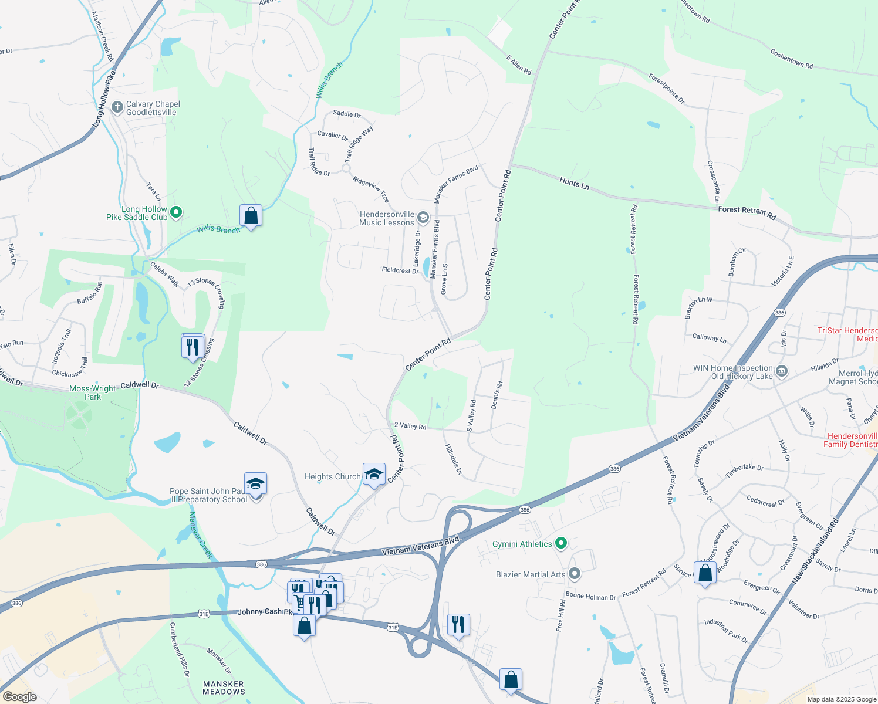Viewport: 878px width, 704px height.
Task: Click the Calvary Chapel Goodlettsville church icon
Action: click(x=117, y=108)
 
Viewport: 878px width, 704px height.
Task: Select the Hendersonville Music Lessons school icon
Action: click(x=423, y=219)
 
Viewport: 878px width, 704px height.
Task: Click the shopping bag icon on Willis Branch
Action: click(x=251, y=216)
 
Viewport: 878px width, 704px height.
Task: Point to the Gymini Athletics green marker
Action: click(x=560, y=544)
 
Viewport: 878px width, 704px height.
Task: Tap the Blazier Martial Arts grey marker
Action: click(x=575, y=574)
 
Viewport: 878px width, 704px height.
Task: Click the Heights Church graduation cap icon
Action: click(x=374, y=474)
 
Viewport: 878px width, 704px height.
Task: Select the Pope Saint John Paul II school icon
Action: click(x=255, y=484)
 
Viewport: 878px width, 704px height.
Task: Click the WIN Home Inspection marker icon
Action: click(x=781, y=371)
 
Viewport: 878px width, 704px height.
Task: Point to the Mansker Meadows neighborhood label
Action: click(x=223, y=688)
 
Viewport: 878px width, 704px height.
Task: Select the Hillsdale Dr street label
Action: click(x=453, y=459)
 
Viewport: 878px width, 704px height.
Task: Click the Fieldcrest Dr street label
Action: click(x=400, y=270)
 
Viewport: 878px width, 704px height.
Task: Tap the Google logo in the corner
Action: click(x=20, y=696)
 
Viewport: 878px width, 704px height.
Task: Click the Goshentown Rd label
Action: click(x=791, y=59)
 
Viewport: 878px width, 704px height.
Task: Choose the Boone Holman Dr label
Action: click(x=590, y=597)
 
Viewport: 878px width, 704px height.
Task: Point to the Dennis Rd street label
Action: click(x=497, y=395)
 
